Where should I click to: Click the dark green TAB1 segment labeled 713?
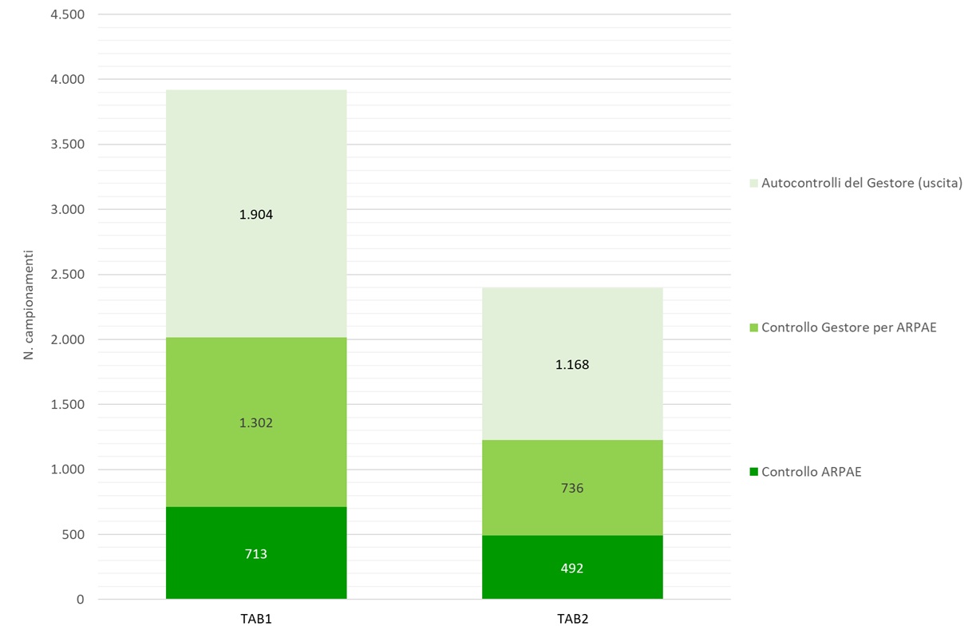(256, 553)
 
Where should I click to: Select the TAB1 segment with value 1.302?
(256, 422)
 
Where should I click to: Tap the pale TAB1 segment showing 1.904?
(256, 214)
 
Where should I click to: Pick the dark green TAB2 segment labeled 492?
(572, 567)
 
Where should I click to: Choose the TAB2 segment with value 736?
(572, 488)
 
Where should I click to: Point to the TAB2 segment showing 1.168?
(572, 364)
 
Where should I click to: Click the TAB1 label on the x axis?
(256, 619)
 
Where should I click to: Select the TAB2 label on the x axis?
(572, 619)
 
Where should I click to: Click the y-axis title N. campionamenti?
(28, 305)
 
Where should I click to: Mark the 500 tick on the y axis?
(73, 534)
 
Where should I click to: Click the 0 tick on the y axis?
(80, 599)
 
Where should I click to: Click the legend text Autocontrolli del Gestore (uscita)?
(862, 183)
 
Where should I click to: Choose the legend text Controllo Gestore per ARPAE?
(848, 327)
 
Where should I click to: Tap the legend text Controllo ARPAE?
(811, 472)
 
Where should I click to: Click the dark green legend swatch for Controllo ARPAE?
(753, 472)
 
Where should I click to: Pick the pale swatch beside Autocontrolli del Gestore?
(753, 184)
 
